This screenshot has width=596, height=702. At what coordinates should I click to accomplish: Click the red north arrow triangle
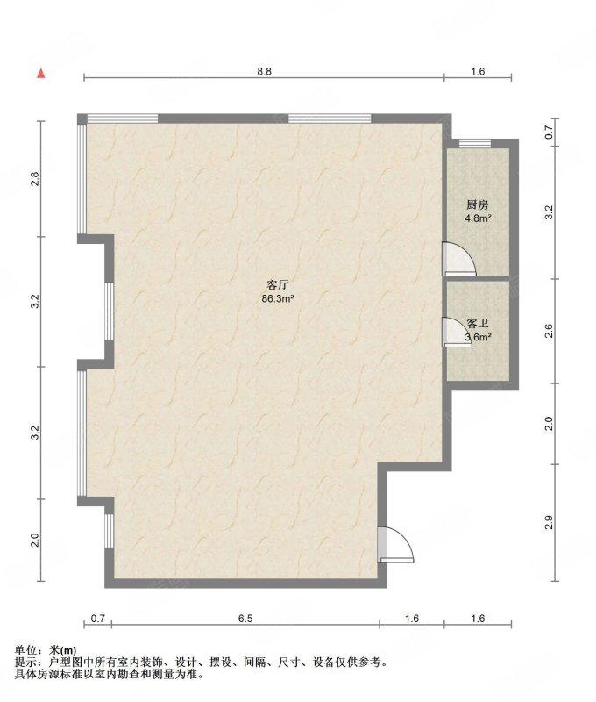click(41, 74)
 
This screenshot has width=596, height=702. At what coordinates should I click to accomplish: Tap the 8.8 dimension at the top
click(264, 71)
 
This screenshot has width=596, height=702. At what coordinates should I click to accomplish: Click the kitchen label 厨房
click(478, 205)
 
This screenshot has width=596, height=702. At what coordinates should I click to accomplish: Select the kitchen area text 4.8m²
click(478, 218)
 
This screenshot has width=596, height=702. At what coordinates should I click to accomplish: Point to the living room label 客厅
click(277, 284)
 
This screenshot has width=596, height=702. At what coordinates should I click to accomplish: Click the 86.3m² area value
click(277, 298)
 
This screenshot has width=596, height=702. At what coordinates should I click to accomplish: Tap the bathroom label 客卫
click(478, 323)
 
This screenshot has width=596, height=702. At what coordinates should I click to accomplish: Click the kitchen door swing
click(458, 259)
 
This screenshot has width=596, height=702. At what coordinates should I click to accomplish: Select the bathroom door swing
click(455, 332)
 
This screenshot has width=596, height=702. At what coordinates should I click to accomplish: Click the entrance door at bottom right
click(395, 544)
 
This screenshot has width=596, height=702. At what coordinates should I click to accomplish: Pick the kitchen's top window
click(475, 143)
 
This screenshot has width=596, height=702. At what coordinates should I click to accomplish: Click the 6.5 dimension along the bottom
click(245, 619)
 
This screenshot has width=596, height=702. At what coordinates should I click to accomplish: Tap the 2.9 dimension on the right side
click(549, 523)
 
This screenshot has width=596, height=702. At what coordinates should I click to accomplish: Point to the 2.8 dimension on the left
click(35, 179)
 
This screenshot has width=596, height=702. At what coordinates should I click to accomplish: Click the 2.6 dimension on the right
click(549, 332)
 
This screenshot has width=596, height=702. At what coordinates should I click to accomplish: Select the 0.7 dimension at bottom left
click(98, 619)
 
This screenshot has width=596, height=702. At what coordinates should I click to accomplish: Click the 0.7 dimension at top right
click(549, 133)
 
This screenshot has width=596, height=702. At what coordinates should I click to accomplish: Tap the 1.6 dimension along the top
click(478, 71)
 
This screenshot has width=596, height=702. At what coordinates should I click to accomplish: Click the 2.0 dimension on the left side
click(35, 540)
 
